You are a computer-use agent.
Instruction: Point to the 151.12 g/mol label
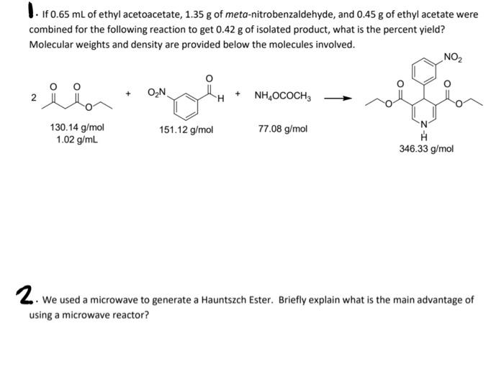tap(186, 130)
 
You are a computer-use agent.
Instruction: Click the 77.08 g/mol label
tap(282, 129)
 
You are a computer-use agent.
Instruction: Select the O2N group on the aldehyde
tap(157, 93)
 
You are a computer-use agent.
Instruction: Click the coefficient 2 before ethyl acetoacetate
tap(32, 99)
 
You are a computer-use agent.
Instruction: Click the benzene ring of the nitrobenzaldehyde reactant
tap(184, 103)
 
